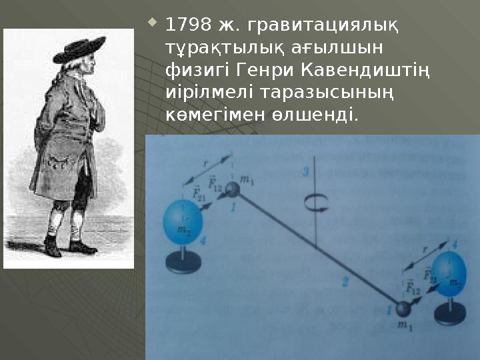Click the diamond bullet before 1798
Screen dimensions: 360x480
tap(153, 22)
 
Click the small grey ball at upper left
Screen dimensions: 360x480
tap(232, 189)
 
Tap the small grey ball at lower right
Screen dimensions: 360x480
tap(403, 309)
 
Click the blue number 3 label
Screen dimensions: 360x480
tap(306, 172)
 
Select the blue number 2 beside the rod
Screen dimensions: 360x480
tap(345, 282)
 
